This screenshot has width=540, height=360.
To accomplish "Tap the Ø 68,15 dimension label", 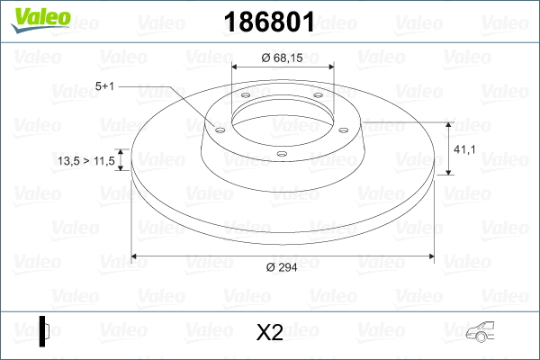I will [283, 58].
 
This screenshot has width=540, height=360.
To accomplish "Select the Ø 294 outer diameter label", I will [283, 266].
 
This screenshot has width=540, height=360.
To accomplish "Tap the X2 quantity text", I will [269, 333].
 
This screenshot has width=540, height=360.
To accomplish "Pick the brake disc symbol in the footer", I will [45, 330].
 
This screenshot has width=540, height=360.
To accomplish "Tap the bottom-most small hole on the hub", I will [282, 153].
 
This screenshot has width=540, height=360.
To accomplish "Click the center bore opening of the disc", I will [283, 117].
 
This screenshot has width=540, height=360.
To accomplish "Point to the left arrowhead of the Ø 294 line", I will [136, 256].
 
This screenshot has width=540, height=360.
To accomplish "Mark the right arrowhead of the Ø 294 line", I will [428, 256].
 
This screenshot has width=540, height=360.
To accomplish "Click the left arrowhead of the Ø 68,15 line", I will [236, 67].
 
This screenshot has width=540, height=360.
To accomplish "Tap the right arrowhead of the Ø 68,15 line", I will [329, 67].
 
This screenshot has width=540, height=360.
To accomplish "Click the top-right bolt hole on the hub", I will [320, 99].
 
